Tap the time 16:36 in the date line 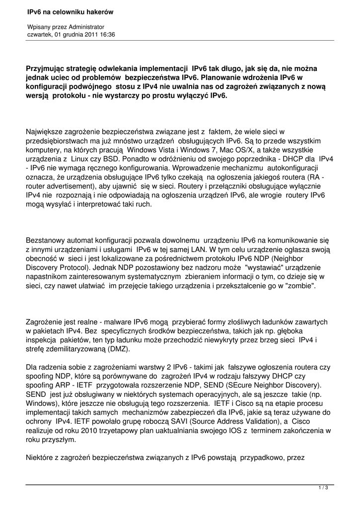coord(108,35)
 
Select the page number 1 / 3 coord(323,488)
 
